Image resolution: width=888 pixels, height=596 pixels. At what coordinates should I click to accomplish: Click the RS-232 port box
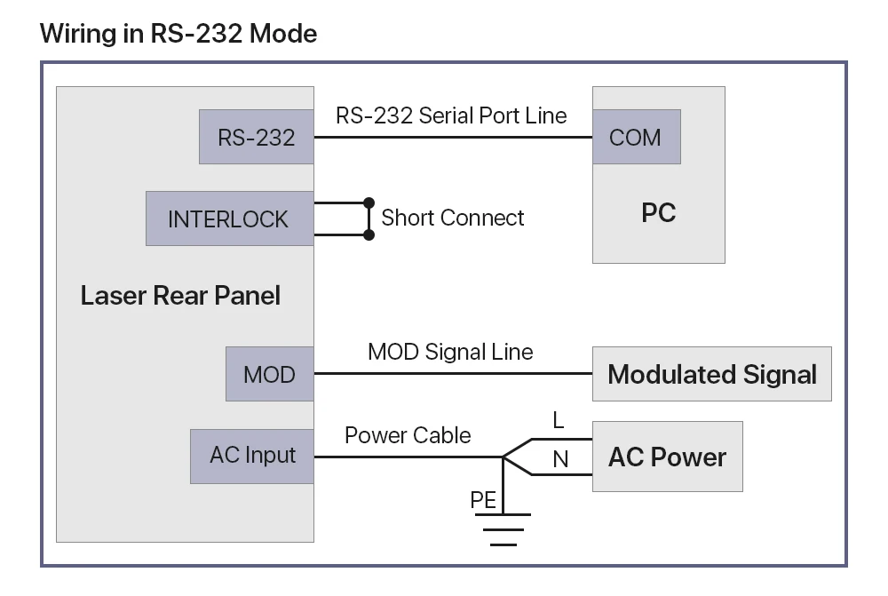click(256, 137)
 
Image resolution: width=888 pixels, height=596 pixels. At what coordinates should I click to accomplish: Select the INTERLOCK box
click(229, 219)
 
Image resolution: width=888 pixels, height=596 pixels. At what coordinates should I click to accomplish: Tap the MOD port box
click(269, 374)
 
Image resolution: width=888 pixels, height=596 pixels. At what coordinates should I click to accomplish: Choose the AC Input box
click(252, 456)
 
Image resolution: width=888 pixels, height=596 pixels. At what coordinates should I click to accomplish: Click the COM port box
click(636, 137)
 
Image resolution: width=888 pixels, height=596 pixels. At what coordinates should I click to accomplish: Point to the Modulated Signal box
click(711, 374)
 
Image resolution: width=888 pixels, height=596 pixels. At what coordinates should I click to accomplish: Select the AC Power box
click(667, 457)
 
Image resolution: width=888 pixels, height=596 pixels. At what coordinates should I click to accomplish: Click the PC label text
click(658, 213)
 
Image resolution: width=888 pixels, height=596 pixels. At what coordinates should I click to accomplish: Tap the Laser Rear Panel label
click(180, 296)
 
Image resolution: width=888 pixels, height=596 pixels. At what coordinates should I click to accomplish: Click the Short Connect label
click(453, 218)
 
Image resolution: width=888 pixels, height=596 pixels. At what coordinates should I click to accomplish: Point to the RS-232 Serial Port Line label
click(451, 115)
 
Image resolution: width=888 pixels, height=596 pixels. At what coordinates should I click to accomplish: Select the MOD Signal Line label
click(450, 352)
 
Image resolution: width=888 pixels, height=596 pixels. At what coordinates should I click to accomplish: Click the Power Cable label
click(408, 435)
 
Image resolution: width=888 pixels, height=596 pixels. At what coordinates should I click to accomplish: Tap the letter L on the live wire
click(558, 421)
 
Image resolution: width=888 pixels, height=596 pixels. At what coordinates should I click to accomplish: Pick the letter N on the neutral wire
click(560, 459)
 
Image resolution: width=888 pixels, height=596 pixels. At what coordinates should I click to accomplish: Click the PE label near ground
click(483, 500)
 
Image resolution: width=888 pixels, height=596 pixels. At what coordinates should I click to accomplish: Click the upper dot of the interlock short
click(369, 203)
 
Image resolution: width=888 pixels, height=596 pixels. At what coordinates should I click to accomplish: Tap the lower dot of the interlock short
click(369, 234)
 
